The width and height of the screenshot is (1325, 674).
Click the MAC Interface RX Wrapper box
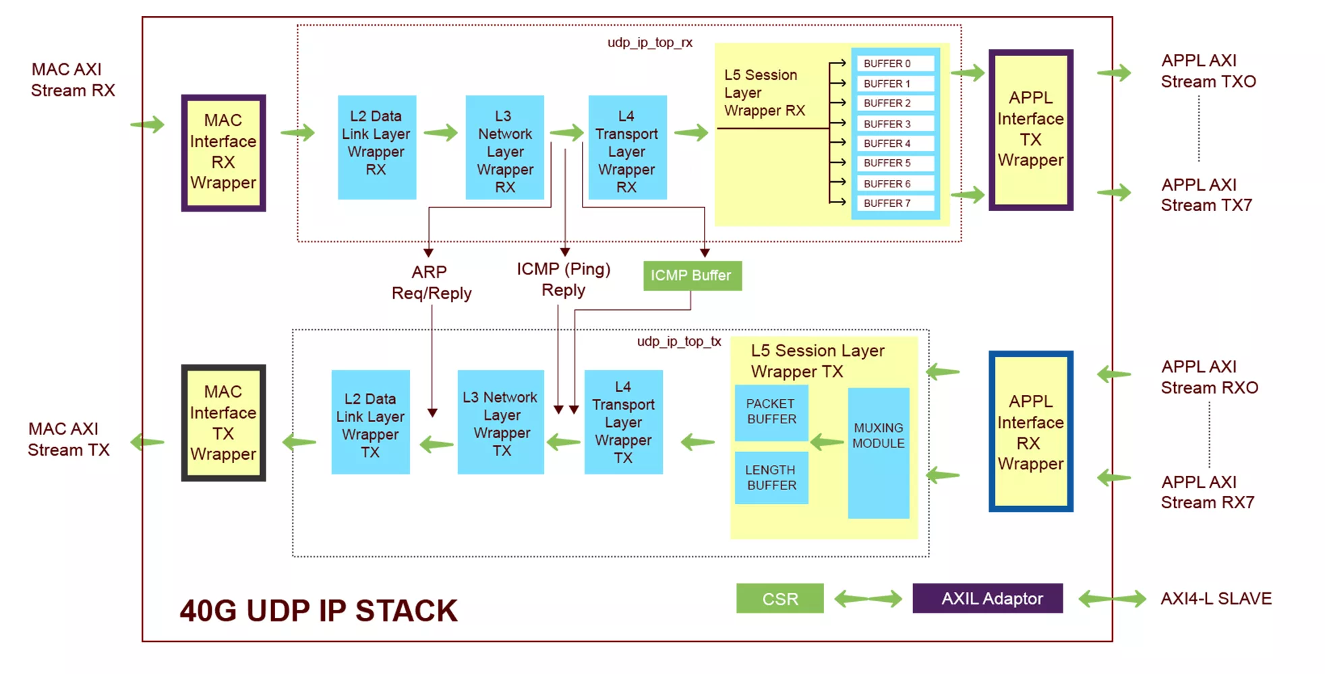(x=223, y=153)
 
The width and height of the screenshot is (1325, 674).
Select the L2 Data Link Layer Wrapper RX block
(x=376, y=147)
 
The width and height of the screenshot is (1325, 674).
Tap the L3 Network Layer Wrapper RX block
(x=504, y=147)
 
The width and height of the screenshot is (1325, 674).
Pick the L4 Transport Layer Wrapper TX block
(x=623, y=422)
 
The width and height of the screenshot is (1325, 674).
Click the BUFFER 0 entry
(x=895, y=63)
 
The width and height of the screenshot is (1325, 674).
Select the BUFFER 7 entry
(x=895, y=203)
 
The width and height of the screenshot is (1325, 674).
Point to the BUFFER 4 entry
(x=895, y=143)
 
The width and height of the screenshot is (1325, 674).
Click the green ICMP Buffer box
(x=693, y=276)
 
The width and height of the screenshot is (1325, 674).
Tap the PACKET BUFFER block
(x=771, y=412)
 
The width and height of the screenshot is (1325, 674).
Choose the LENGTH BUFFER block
(x=771, y=478)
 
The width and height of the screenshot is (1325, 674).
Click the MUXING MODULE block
(x=878, y=453)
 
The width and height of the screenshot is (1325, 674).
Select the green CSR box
(x=780, y=599)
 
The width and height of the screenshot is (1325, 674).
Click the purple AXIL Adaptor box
(x=988, y=599)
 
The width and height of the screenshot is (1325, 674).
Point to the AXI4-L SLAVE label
(x=1216, y=599)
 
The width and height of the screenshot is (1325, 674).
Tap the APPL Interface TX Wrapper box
(x=1031, y=129)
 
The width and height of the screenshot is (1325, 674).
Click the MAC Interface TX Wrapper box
(x=223, y=423)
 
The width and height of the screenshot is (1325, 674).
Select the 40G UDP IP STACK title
(x=318, y=611)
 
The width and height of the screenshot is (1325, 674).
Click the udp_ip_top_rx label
(x=650, y=42)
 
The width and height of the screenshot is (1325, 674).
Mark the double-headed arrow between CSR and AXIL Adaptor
(x=868, y=599)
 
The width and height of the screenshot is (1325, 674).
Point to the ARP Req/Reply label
(x=432, y=282)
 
